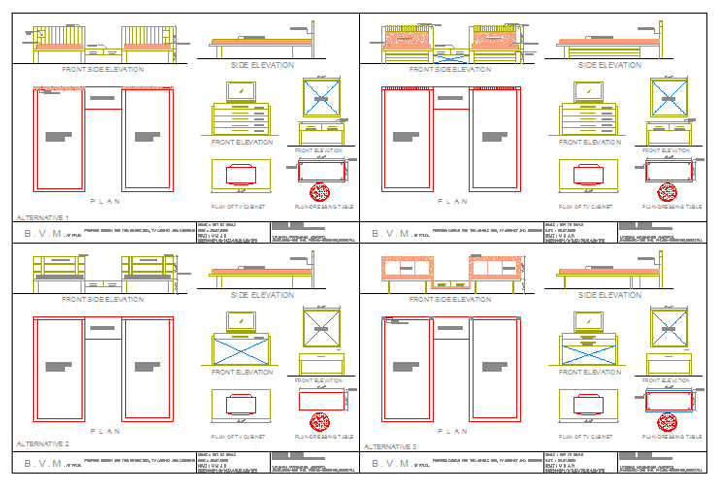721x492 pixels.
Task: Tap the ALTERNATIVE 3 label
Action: [x=389, y=446]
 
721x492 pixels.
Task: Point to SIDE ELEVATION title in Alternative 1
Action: [x=261, y=65]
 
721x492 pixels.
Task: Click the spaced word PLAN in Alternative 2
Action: [x=105, y=431]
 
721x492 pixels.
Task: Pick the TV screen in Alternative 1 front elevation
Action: [x=241, y=91]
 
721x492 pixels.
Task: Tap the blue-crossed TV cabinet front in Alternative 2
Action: [x=241, y=349]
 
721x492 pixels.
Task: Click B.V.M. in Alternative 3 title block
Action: [x=383, y=464]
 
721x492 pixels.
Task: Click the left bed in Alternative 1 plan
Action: [x=59, y=140]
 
